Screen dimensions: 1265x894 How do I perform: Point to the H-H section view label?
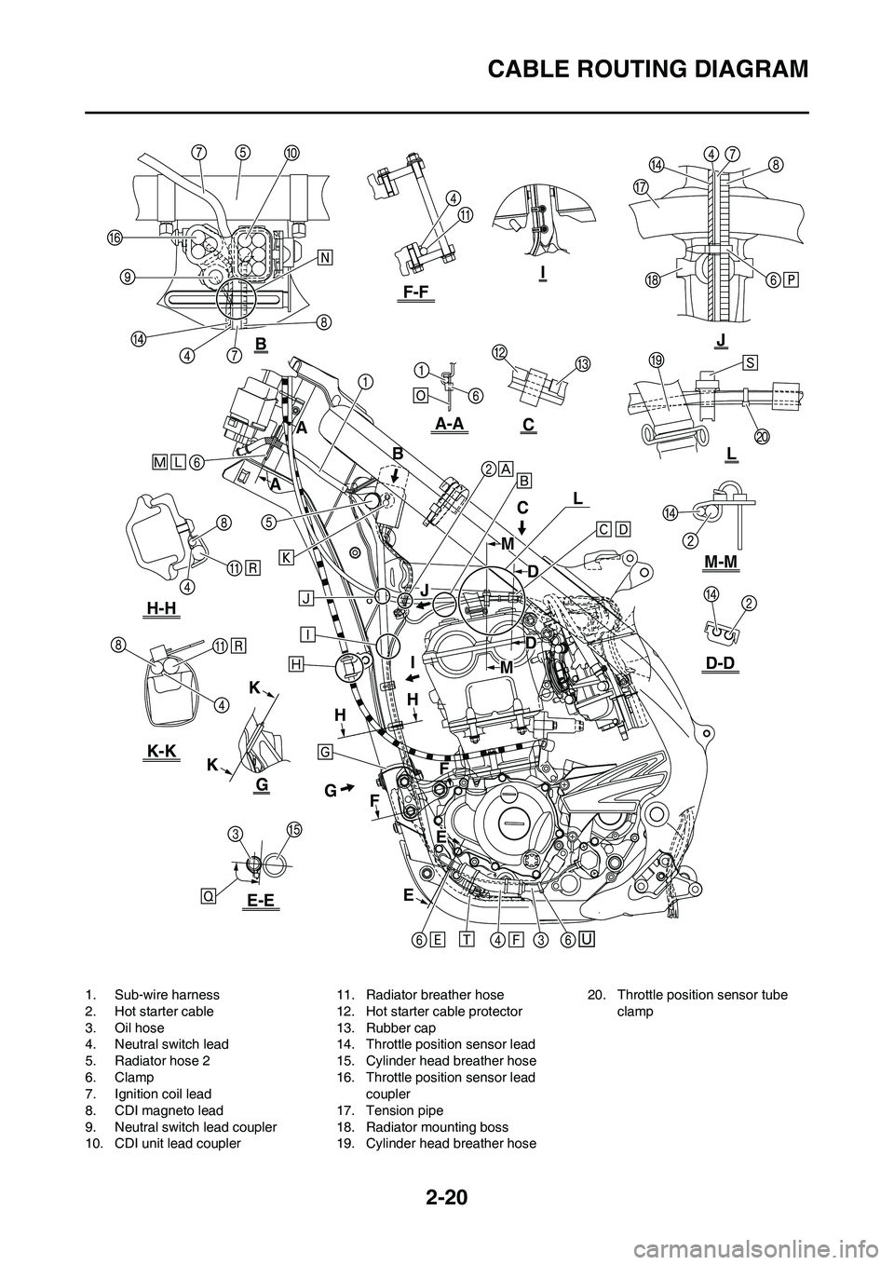click(x=162, y=607)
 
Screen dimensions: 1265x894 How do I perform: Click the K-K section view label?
click(x=162, y=751)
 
